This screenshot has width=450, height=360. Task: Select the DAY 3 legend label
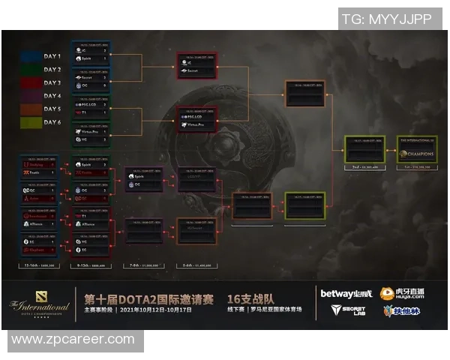coord(52,83)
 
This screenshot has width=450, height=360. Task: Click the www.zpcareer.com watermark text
coord(73,340)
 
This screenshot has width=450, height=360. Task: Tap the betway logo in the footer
coord(345,293)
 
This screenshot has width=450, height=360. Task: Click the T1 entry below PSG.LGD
coord(86,112)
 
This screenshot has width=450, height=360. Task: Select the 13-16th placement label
coord(40,266)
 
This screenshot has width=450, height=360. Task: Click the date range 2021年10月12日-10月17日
coord(160,309)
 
